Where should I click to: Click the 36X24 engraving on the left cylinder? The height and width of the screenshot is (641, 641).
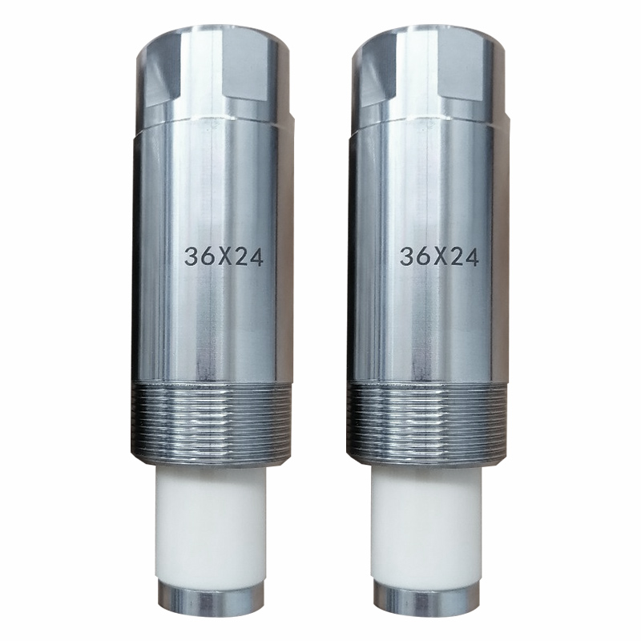click(x=224, y=257)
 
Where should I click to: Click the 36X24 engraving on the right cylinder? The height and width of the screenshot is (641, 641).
click(x=439, y=257)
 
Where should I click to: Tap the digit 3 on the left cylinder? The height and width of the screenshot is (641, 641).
click(x=191, y=257)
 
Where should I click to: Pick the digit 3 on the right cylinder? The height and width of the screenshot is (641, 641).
click(x=406, y=257)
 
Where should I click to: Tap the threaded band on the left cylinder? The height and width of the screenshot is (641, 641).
click(x=212, y=422)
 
